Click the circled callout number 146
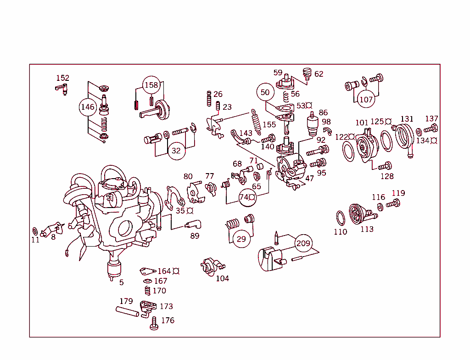click(x=87, y=107)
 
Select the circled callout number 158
click(x=151, y=85)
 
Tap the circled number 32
click(x=176, y=151)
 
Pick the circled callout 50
click(x=265, y=92)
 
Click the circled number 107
click(x=366, y=99)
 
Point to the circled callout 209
click(x=303, y=243)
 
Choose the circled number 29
click(x=241, y=239)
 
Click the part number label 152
click(x=62, y=78)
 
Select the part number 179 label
click(x=126, y=301)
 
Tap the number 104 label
click(x=222, y=278)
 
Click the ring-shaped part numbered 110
click(x=340, y=217)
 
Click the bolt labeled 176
click(x=154, y=324)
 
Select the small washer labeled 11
click(x=35, y=230)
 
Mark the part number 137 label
click(x=431, y=119)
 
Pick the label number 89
click(x=195, y=236)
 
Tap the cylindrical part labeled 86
click(x=313, y=124)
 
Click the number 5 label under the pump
click(x=121, y=282)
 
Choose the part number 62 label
click(x=319, y=74)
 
